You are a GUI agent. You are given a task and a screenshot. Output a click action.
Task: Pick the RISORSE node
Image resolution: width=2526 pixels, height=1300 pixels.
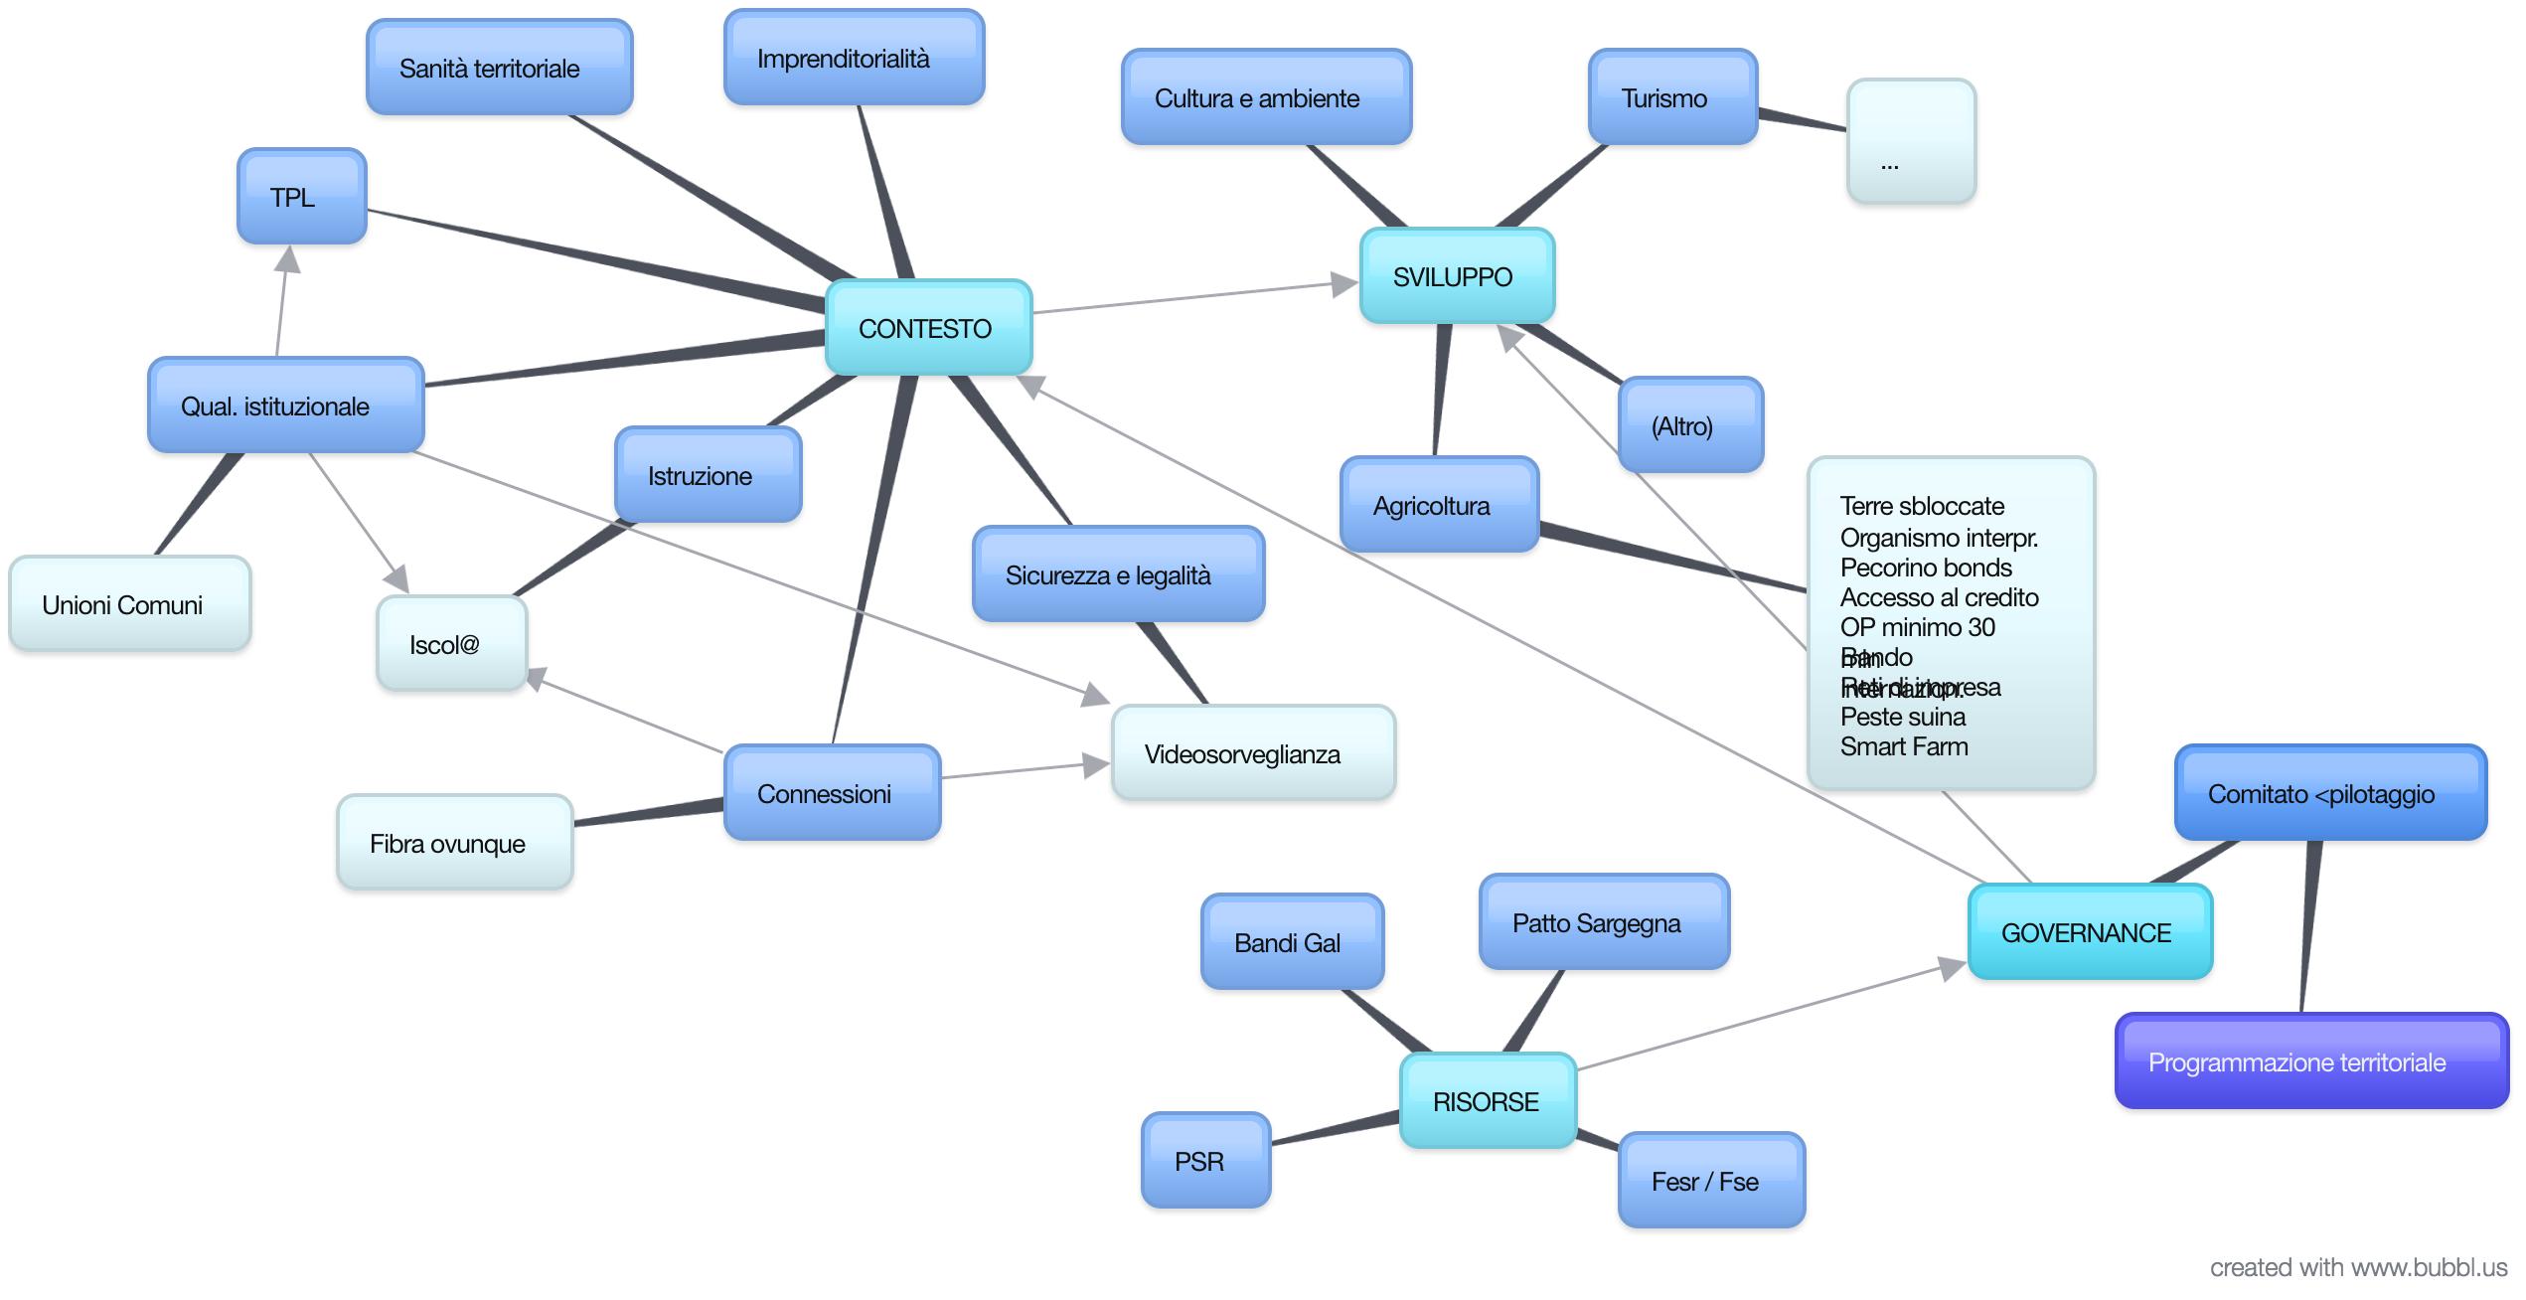1488,1101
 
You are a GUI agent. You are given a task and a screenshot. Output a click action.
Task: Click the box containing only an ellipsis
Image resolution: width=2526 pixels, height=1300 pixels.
1911,142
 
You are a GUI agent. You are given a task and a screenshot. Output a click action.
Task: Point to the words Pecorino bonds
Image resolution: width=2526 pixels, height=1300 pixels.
1925,568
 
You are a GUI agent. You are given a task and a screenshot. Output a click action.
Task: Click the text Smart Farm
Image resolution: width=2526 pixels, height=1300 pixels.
1903,746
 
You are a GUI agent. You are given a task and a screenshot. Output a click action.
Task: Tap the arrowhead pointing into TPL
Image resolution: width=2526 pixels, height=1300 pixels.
288,260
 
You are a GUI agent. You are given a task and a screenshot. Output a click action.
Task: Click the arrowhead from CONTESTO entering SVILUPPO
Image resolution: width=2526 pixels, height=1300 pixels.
1344,284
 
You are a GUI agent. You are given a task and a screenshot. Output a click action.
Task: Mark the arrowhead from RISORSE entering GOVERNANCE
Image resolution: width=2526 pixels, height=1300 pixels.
1953,967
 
